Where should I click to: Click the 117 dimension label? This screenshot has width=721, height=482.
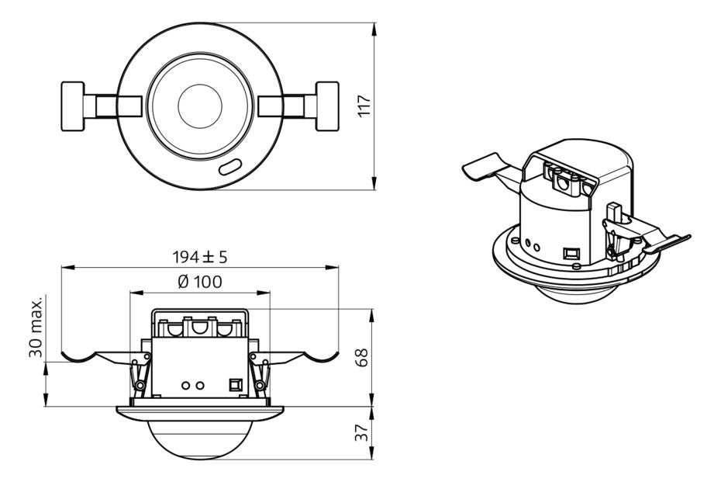click(x=365, y=106)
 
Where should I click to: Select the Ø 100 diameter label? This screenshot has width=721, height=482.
click(x=199, y=282)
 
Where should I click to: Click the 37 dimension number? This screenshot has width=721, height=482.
click(x=362, y=433)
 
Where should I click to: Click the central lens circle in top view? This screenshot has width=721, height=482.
click(x=200, y=105)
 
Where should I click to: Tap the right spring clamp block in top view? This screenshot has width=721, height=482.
click(x=327, y=106)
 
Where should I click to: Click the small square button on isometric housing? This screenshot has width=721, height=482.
click(x=571, y=252)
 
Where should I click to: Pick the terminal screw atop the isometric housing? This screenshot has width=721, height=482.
click(x=561, y=183)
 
